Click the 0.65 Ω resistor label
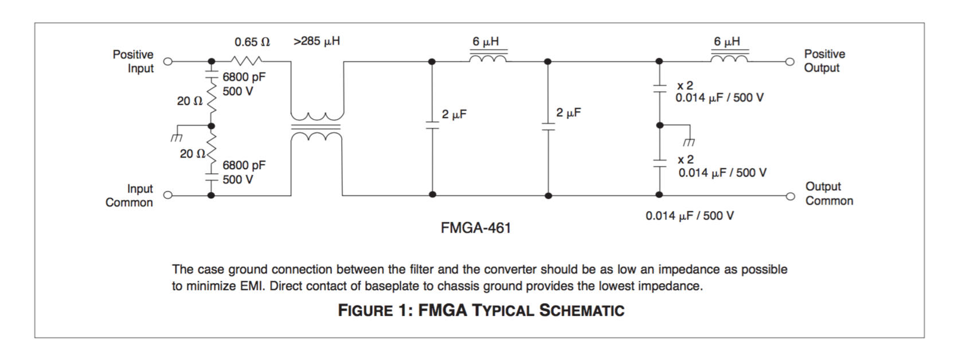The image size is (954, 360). click(x=252, y=42)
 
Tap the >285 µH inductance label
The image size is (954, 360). click(x=316, y=41)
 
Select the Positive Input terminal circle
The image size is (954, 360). click(x=168, y=61)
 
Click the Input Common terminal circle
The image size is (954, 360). click(x=168, y=195)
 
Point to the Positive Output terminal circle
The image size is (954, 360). click(x=790, y=61)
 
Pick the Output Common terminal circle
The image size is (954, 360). click(x=790, y=196)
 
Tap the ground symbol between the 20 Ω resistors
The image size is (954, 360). click(x=176, y=138)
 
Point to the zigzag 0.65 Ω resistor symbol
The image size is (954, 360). click(x=247, y=60)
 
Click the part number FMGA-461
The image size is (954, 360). click(x=475, y=228)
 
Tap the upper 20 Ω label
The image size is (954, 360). click(x=189, y=101)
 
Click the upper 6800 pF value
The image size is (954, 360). click(x=244, y=77)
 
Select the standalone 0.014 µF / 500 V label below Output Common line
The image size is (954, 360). click(x=689, y=216)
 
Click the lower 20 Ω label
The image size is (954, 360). click(x=192, y=154)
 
